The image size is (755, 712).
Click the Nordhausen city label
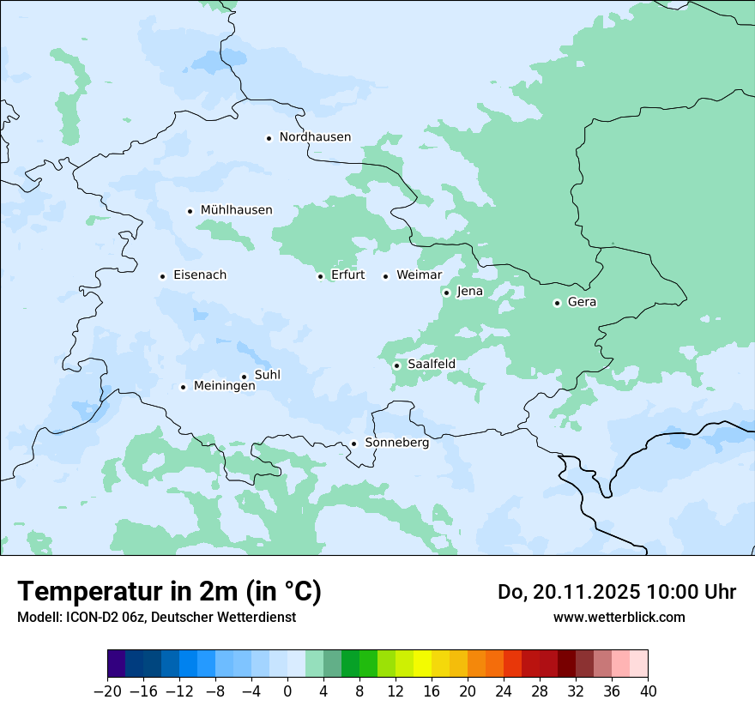(315, 137)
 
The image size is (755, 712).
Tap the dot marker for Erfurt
(320, 276)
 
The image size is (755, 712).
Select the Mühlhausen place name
(236, 210)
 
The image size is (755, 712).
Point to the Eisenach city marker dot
(162, 276)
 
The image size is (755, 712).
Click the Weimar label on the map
(419, 275)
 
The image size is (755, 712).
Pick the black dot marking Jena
(446, 293)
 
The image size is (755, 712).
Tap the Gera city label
(582, 302)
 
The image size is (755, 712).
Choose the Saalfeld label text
(431, 365)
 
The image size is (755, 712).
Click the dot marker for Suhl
(244, 377)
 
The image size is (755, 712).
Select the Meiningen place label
(224, 387)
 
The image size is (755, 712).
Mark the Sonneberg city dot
(353, 444)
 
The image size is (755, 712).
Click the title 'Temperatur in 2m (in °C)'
(169, 592)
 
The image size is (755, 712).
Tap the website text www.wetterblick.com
(619, 618)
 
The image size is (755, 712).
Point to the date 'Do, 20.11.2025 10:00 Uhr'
(617, 592)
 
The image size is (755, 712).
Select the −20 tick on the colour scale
(107, 691)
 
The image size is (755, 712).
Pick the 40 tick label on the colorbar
(648, 691)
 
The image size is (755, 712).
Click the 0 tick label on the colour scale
(287, 691)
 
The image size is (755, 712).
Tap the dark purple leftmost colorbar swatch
(117, 664)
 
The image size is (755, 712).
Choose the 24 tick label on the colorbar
(504, 691)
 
